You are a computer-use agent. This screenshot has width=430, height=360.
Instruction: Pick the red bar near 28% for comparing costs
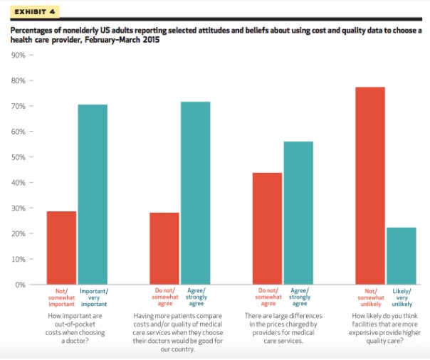pyautogui.click(x=164, y=248)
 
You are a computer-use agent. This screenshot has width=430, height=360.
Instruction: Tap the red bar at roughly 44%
pyautogui.click(x=267, y=228)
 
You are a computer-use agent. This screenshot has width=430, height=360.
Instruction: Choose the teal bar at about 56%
pyautogui.click(x=298, y=213)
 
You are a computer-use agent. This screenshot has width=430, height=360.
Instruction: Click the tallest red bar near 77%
pyautogui.click(x=369, y=185)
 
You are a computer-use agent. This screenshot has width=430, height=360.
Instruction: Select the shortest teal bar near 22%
pyautogui.click(x=402, y=255)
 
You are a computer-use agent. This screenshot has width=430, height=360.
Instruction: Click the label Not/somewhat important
pyautogui.click(x=61, y=297)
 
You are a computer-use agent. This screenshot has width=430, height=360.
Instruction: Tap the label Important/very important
pyautogui.click(x=93, y=297)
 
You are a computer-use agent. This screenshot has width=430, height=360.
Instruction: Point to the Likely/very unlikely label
pyautogui.click(x=402, y=297)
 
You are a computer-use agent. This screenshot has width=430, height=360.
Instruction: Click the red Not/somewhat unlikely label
pyautogui.click(x=369, y=297)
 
